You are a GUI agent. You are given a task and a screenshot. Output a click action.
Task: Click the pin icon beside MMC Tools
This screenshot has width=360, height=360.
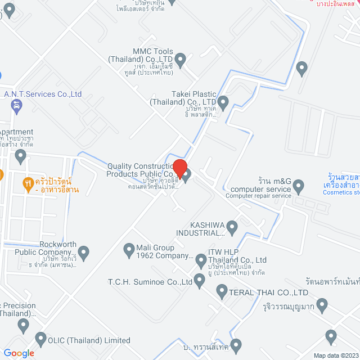pos(181,58)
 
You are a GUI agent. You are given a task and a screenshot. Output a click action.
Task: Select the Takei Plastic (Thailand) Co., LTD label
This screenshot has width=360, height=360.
pos(186,98)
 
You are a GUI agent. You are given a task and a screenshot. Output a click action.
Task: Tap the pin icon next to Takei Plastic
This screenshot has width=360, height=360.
pos(223,102)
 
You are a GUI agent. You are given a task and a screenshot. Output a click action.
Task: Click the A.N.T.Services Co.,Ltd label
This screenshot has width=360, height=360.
pos(43,94)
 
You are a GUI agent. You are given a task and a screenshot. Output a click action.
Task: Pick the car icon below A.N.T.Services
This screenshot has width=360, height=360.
pos(17,105)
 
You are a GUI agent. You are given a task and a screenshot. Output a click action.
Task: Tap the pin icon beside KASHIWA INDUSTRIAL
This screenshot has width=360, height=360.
pos(232,227)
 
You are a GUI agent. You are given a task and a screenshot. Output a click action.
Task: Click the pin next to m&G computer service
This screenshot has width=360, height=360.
pos(299,184)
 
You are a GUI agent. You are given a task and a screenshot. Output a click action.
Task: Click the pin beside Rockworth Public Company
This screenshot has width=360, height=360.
pos(84,254)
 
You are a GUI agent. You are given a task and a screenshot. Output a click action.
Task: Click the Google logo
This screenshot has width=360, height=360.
pos(19,353)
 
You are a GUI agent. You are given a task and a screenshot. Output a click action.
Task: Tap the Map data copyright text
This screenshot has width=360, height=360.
pos(336,355)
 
